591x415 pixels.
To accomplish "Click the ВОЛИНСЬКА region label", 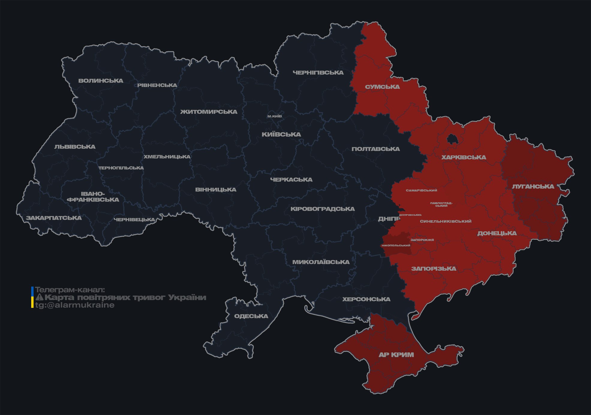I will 101,81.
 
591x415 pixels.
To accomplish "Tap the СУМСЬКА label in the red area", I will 382,87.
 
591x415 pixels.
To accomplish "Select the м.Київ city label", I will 274,116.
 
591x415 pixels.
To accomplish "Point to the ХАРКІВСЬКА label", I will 464,157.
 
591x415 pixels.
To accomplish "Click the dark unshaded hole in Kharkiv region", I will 452,139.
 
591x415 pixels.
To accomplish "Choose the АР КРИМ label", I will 396,355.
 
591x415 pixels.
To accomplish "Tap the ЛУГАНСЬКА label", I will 533,186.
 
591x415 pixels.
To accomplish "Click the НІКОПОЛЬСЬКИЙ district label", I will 396,245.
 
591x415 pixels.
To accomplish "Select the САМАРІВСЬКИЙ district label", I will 421,190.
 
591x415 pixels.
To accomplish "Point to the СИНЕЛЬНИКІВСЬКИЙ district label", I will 446,221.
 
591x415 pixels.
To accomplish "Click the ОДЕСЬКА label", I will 251,316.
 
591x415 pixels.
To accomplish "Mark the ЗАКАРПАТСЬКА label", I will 54,218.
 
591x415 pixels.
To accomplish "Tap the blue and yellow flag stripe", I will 32,297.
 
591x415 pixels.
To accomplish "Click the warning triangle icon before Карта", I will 39,297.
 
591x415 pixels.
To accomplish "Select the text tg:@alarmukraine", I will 75,305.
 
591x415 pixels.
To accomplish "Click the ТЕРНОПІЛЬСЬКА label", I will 121,168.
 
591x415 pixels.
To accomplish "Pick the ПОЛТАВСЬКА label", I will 375,149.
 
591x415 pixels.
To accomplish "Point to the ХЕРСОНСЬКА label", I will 366,299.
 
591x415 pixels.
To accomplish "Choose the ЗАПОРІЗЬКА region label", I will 434,269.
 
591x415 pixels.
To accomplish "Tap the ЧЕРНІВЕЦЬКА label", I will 134,220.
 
